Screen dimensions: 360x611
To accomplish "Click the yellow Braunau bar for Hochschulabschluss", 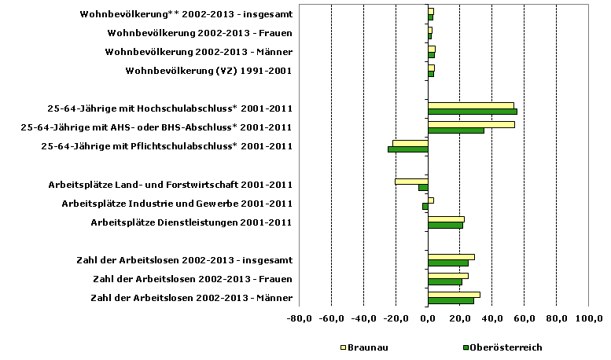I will tap(470, 105).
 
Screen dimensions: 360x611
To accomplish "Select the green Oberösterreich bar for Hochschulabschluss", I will tap(472, 112).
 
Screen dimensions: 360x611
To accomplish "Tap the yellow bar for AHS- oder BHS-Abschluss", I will tap(471, 124).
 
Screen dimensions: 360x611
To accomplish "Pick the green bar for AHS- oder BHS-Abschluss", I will tap(456, 130).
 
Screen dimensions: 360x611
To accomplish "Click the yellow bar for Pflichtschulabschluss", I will tap(410, 143).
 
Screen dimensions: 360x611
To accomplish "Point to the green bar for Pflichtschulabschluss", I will tap(407, 149).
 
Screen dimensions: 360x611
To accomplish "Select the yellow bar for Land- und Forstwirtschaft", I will tap(411, 182).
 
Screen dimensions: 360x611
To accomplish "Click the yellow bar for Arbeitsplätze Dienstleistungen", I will tap(446, 219).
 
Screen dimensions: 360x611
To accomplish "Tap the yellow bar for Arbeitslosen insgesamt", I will tap(451, 256).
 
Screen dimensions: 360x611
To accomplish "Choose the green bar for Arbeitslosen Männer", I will tap(451, 300).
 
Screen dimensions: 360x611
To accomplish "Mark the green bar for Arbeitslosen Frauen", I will tap(445, 281).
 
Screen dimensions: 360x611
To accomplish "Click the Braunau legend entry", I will tap(363, 347).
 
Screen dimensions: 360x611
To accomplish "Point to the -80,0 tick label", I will tap(300, 318).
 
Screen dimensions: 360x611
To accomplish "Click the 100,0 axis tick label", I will tap(589, 318).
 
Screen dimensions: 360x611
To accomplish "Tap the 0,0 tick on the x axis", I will tap(428, 318).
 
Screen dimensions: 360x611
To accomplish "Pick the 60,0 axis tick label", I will tap(525, 318).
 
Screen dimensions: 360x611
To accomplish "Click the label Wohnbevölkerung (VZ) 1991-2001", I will tap(209, 71).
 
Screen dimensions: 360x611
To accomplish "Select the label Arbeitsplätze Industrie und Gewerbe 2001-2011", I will tap(177, 204).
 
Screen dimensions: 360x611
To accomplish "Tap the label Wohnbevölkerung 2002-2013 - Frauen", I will tap(200, 33).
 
